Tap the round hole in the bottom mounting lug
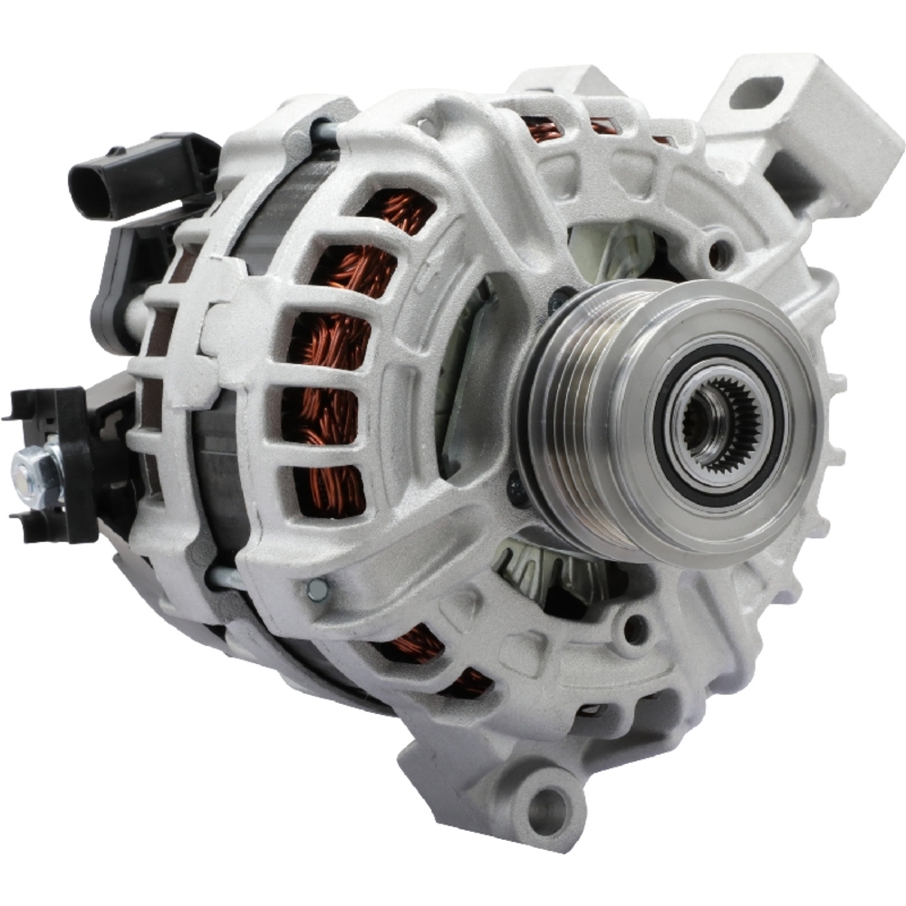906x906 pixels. (x=549, y=803)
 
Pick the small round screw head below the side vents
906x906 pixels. (x=318, y=590)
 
